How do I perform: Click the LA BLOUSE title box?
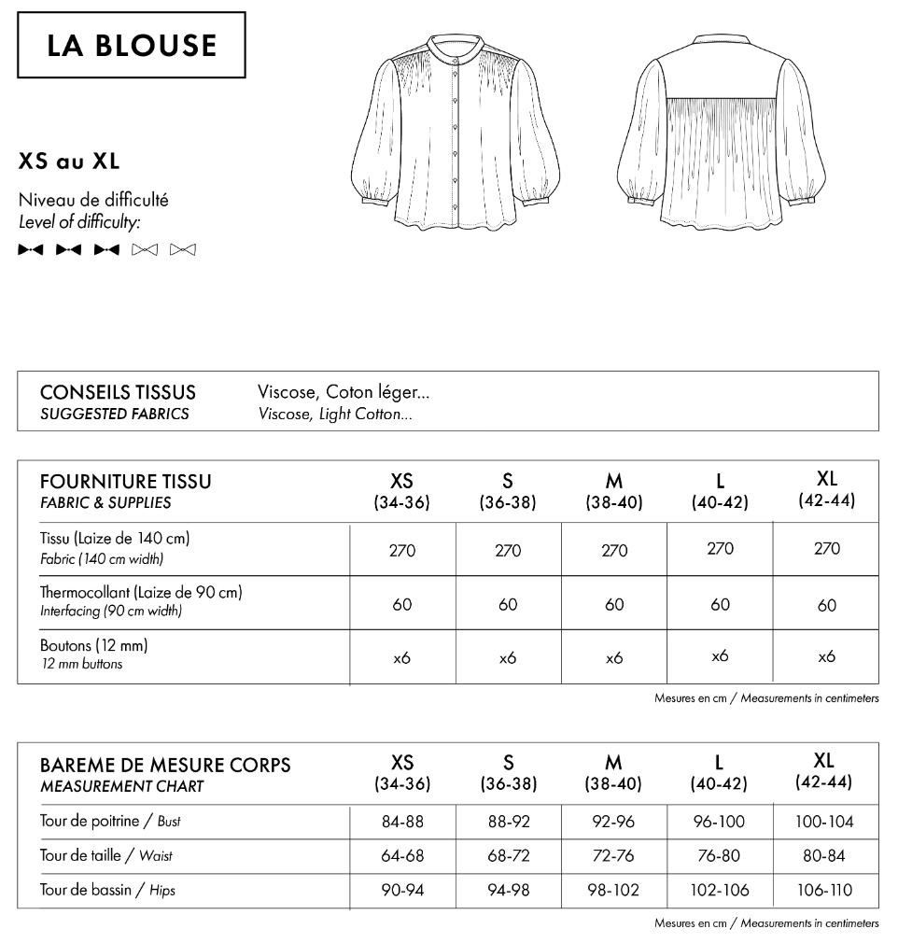(132, 45)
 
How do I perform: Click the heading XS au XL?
(69, 162)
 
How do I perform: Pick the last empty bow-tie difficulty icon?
(183, 249)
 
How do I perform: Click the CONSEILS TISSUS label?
(118, 393)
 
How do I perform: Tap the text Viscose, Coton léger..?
(344, 393)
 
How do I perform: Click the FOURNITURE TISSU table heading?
(126, 482)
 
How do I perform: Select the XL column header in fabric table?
(826, 489)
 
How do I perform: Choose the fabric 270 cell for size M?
(614, 550)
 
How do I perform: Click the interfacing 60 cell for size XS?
(402, 605)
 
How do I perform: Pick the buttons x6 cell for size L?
(720, 656)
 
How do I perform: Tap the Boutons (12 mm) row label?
(94, 645)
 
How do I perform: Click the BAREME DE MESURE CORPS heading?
(165, 765)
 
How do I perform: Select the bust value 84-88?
(402, 823)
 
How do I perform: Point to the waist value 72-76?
(614, 856)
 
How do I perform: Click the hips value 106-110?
(826, 890)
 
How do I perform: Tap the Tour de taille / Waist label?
(106, 855)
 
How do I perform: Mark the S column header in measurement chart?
(508, 772)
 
